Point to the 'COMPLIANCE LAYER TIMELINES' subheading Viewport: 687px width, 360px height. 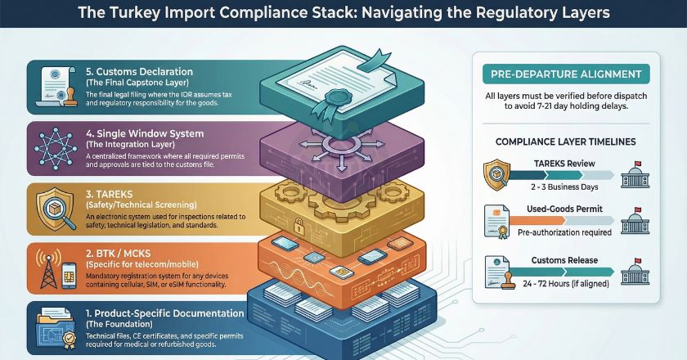566,142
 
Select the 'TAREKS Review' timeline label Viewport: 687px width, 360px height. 568,164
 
